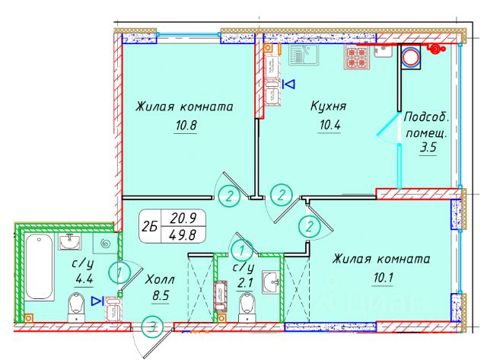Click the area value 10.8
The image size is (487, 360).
185,126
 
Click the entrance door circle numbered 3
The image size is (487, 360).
153,328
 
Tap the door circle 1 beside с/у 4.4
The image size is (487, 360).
116,269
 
